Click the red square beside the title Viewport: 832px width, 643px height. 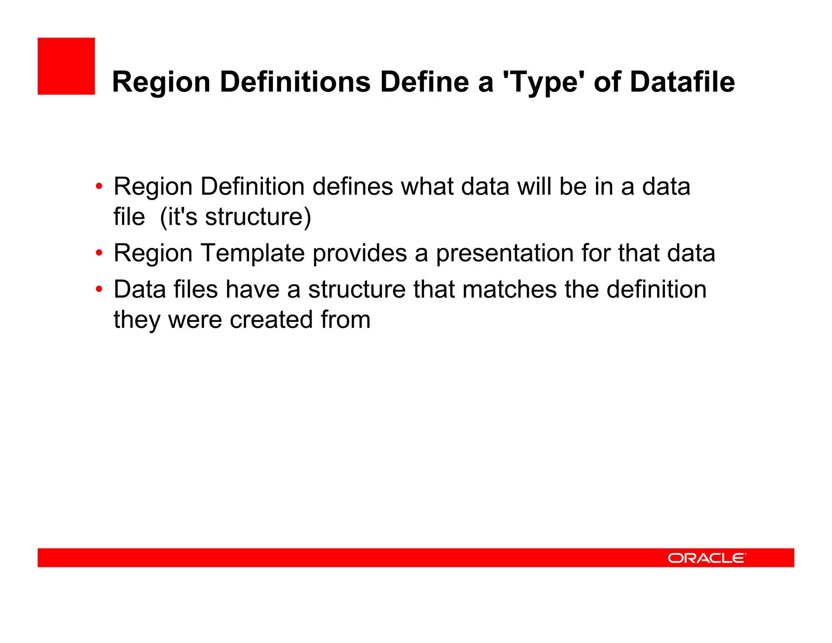coord(66,66)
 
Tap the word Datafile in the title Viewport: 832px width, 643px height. coord(682,83)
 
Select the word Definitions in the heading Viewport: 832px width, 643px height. coord(295,83)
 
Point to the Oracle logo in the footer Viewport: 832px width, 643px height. coord(706,558)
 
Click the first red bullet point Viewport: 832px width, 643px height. coord(99,187)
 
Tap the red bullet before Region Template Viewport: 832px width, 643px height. coord(99,253)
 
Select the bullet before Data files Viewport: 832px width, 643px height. coord(99,289)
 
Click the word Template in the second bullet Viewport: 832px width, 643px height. coord(253,253)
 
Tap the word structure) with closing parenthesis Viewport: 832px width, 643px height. coord(258,217)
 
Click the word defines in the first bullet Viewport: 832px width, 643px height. coord(353,187)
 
